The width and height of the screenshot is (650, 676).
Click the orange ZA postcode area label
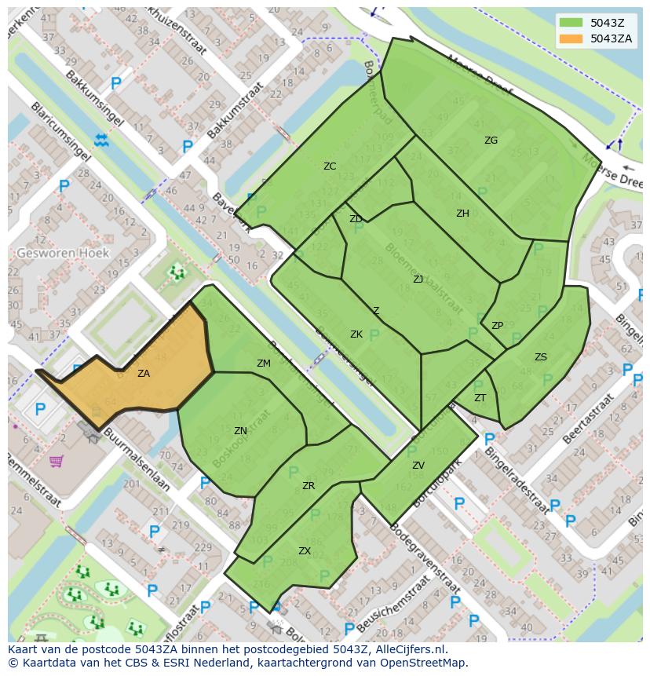[x=144, y=374]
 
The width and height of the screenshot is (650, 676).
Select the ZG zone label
[x=491, y=141]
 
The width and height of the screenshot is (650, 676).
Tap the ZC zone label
[x=330, y=166]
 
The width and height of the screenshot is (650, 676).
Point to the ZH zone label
[x=462, y=213]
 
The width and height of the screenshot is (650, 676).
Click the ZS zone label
[x=541, y=357]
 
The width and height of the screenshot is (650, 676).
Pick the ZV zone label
[x=418, y=466]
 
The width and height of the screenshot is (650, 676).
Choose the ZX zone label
[x=305, y=551]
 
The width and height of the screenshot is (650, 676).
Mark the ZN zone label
[x=240, y=431]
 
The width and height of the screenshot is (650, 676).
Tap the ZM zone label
[x=264, y=364]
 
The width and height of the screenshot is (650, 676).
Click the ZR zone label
[x=309, y=486]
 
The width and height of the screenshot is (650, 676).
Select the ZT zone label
[x=480, y=398]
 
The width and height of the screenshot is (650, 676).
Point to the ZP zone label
[x=497, y=326]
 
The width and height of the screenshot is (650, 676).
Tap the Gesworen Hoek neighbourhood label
[x=64, y=254]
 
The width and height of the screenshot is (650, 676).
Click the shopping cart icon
[x=56, y=461]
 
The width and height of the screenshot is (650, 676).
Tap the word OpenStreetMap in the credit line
[x=425, y=663]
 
